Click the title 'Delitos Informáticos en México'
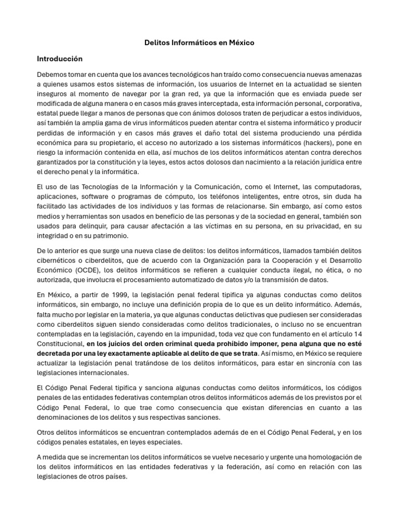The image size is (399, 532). [x=199, y=43]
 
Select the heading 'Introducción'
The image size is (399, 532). [x=60, y=59]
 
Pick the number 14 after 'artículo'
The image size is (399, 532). [x=357, y=334]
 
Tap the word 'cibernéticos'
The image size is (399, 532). [x=57, y=259]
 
